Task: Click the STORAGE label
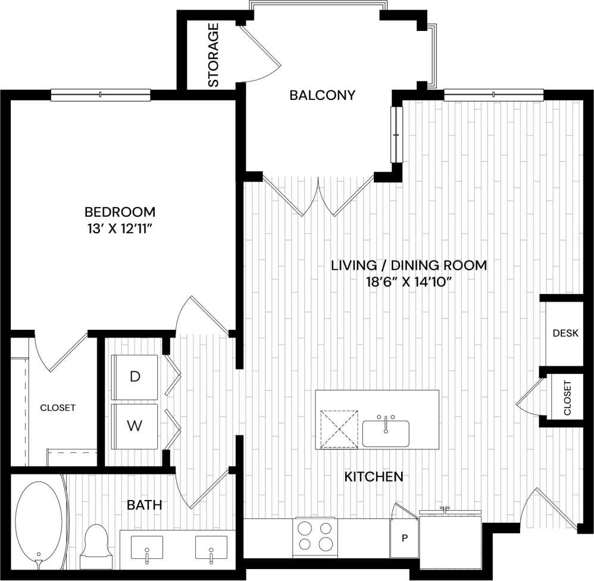(x=214, y=55)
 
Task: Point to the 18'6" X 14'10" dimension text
(x=409, y=281)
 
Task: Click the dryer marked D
(x=135, y=376)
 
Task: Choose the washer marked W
(x=135, y=426)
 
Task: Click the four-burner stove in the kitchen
(x=315, y=536)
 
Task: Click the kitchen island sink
(x=386, y=433)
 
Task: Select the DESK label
(x=565, y=333)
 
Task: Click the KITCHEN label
(x=374, y=476)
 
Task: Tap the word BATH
(x=145, y=505)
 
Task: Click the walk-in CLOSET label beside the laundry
(x=58, y=408)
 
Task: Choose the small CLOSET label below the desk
(x=567, y=398)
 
